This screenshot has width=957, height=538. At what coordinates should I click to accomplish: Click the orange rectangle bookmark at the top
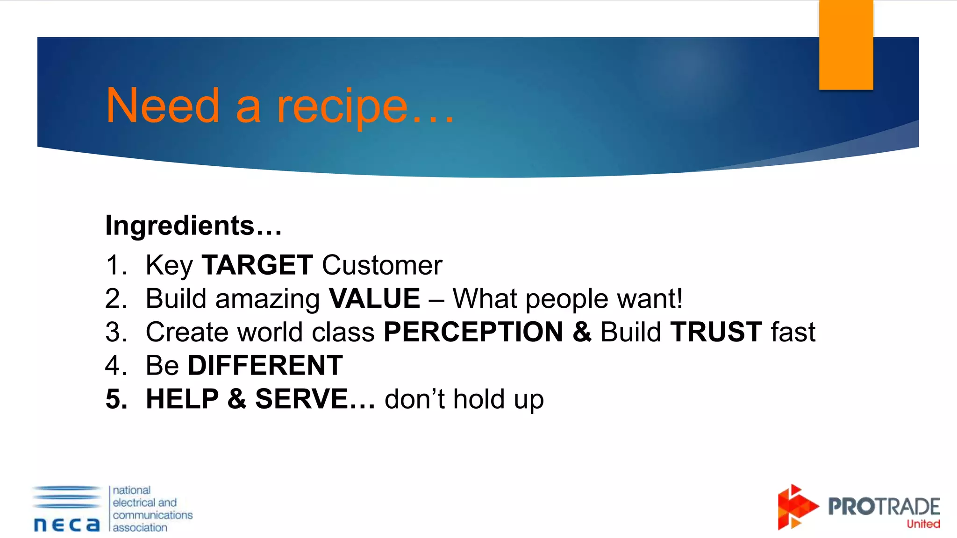pyautogui.click(x=846, y=44)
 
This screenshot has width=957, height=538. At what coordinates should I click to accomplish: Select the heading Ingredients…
pyautogui.click(x=193, y=226)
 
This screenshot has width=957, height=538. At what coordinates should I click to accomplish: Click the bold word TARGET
pyautogui.click(x=257, y=265)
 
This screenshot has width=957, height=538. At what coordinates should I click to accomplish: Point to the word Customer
pyautogui.click(x=382, y=265)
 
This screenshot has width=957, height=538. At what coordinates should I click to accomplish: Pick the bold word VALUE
pyautogui.click(x=374, y=299)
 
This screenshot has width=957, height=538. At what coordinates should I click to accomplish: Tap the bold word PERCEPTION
pyautogui.click(x=473, y=332)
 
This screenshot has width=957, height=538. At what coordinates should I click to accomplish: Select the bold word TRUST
pyautogui.click(x=716, y=332)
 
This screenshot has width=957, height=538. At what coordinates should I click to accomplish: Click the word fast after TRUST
pyautogui.click(x=793, y=332)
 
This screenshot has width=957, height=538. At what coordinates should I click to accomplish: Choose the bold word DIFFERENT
pyautogui.click(x=265, y=366)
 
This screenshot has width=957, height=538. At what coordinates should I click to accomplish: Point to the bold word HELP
pyautogui.click(x=182, y=399)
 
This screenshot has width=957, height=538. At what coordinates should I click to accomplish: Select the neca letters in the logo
pyautogui.click(x=67, y=524)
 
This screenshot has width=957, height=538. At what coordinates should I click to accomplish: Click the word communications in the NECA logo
pyautogui.click(x=152, y=515)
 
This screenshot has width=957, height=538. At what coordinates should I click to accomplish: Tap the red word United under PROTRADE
pyautogui.click(x=923, y=524)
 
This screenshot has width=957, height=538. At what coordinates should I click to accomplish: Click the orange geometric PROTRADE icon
pyautogui.click(x=795, y=507)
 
